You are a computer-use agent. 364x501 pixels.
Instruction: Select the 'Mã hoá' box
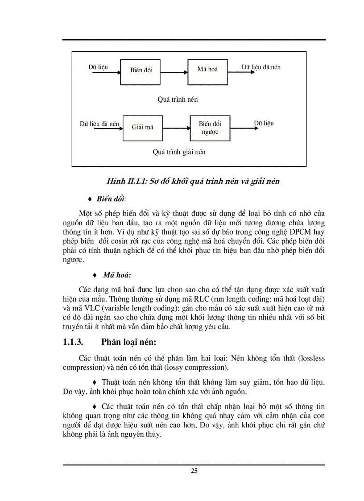[x=207, y=70]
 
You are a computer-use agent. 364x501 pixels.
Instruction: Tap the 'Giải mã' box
[x=142, y=128]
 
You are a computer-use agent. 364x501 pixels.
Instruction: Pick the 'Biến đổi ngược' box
[x=210, y=128]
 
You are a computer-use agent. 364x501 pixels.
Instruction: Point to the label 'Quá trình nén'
[x=178, y=99]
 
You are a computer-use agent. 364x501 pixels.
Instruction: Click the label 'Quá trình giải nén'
[x=179, y=152]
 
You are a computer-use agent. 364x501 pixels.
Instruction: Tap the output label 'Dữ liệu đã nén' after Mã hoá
[x=261, y=67]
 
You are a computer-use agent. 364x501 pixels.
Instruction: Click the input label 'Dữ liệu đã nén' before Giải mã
[x=99, y=124]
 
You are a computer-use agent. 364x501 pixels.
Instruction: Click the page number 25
[x=194, y=471]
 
